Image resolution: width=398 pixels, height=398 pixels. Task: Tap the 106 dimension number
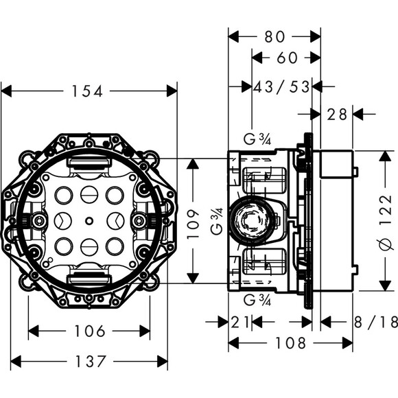coord(89,331)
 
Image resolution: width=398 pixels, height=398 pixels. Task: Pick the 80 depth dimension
coord(274,36)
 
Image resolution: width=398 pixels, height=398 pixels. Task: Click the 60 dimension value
coord(287,58)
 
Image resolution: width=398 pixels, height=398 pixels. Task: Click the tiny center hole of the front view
coord(89,220)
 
